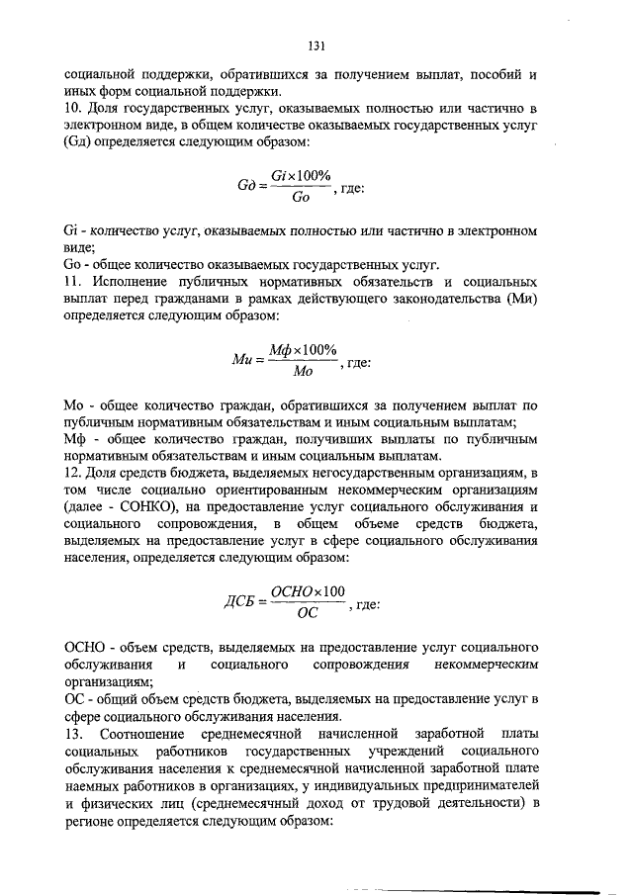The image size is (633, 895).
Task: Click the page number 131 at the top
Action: [x=316, y=45]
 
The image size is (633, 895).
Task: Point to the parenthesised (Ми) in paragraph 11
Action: [x=518, y=300]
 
